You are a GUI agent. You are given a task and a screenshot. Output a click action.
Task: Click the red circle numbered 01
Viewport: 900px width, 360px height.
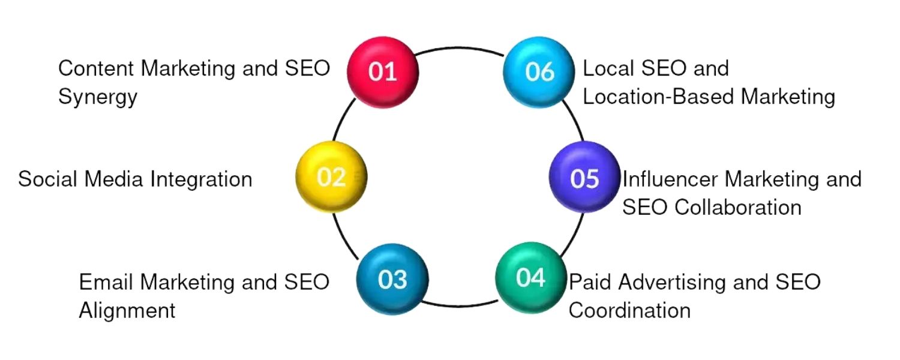[x=383, y=71]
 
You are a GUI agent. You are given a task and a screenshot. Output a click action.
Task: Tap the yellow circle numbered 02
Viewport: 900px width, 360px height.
[x=331, y=177]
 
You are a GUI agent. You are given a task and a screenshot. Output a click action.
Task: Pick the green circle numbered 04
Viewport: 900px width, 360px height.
[x=530, y=277]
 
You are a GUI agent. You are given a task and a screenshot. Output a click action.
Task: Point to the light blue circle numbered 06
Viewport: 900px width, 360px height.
[x=538, y=71]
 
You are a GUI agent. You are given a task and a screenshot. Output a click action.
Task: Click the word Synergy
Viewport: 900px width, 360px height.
[x=97, y=97]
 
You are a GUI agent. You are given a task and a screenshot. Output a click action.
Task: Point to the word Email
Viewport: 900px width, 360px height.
[x=104, y=282]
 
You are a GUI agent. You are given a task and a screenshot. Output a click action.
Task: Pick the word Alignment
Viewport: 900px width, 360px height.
[x=127, y=311]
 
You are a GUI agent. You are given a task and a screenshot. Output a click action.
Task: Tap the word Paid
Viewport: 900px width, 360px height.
[x=592, y=281]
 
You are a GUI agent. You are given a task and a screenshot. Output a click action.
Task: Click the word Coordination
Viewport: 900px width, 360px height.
[x=629, y=310]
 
